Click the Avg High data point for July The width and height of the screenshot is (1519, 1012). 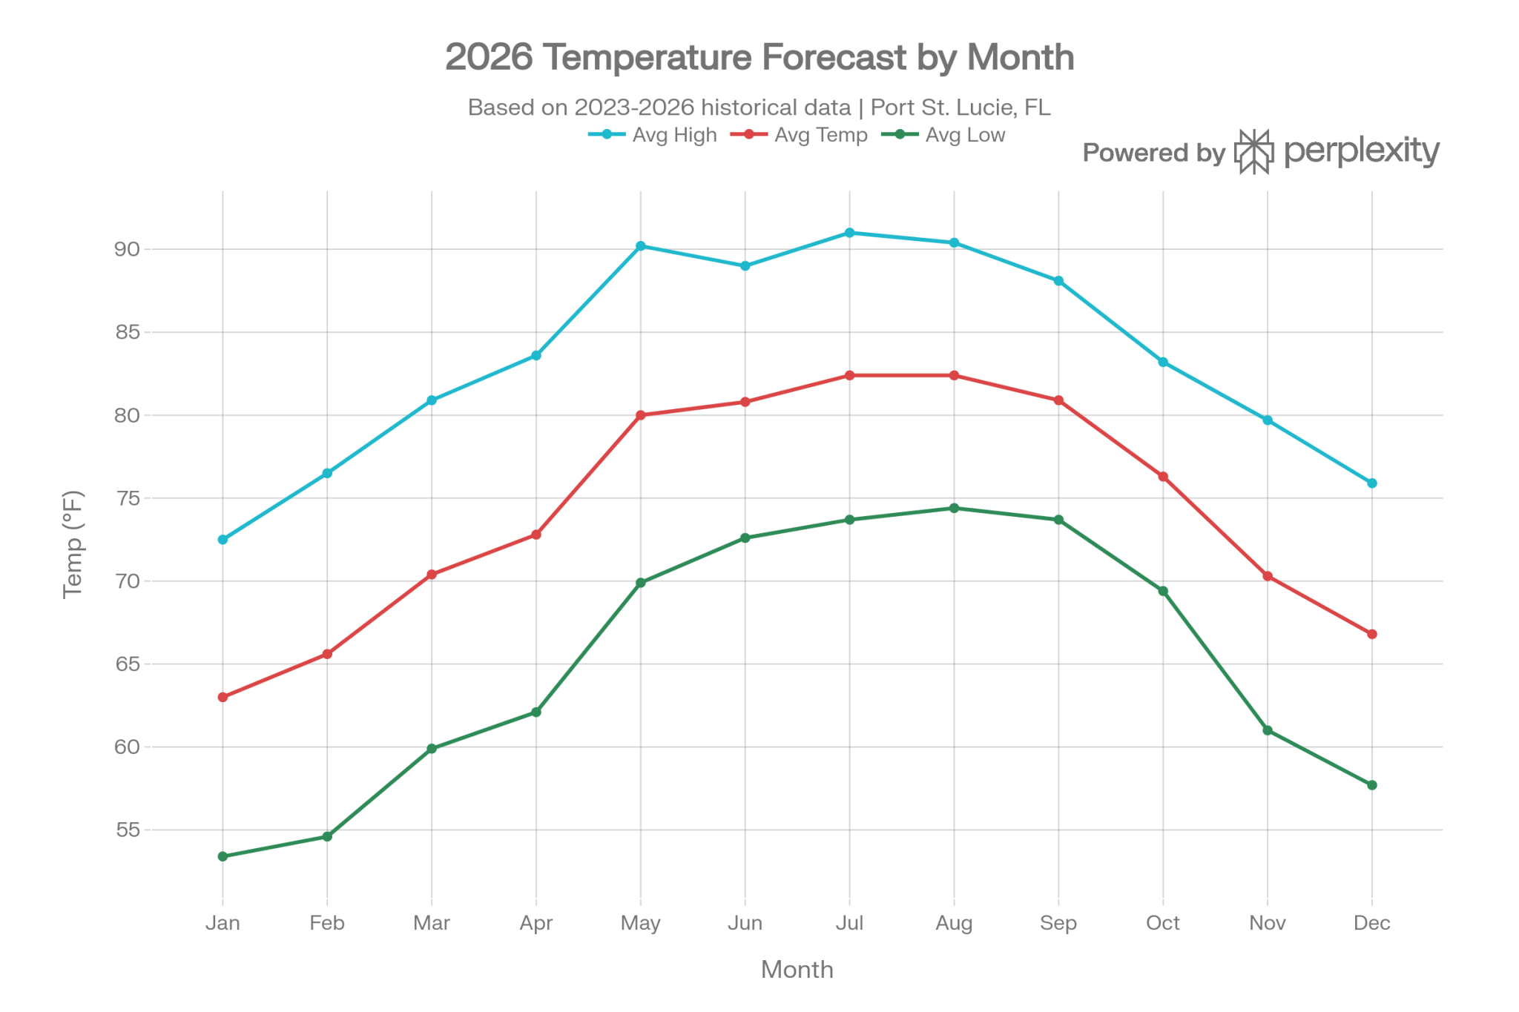[x=849, y=233]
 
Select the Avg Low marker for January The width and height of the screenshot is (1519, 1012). [x=223, y=856]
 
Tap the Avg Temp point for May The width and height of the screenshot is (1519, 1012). [x=641, y=415]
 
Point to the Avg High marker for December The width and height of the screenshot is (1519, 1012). [x=1372, y=483]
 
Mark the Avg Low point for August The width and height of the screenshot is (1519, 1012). [x=954, y=509]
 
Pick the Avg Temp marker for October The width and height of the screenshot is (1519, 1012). [x=1163, y=477]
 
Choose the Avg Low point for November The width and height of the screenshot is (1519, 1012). [x=1268, y=731]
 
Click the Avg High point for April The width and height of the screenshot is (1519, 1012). [x=536, y=356]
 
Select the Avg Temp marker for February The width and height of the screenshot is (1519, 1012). [x=327, y=654]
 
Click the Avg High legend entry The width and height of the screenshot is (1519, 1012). [x=653, y=135]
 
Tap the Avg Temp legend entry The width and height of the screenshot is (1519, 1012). [x=798, y=135]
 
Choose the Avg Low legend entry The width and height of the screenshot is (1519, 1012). [x=943, y=135]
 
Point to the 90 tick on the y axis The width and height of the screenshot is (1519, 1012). [x=127, y=249]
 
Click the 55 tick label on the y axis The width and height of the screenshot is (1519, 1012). [x=127, y=830]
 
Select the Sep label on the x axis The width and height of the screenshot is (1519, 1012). [x=1058, y=923]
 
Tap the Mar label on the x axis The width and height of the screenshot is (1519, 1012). [x=432, y=923]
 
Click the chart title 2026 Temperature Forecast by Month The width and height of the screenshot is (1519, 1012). [x=759, y=57]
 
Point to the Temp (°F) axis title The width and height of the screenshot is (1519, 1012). [x=73, y=544]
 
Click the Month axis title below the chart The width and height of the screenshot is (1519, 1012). [x=797, y=970]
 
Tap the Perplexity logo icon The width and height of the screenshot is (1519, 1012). [x=1254, y=152]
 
